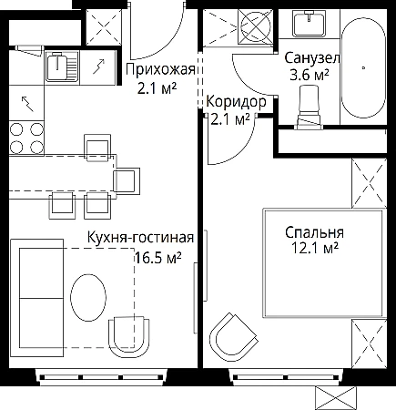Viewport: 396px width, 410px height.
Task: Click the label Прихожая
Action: pyautogui.click(x=160, y=70)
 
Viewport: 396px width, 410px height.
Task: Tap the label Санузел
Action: pyautogui.click(x=312, y=57)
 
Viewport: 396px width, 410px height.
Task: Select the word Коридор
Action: pyautogui.click(x=236, y=102)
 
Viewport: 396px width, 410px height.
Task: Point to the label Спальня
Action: pyautogui.click(x=314, y=232)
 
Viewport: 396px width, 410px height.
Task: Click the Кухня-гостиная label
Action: pyautogui.click(x=140, y=237)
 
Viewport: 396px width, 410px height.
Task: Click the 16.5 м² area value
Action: pyautogui.click(x=157, y=258)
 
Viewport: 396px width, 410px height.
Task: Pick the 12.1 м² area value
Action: pyautogui.click(x=315, y=248)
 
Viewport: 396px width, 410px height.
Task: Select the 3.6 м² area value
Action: pyautogui.click(x=310, y=75)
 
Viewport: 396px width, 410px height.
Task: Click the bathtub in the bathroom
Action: pyautogui.click(x=363, y=68)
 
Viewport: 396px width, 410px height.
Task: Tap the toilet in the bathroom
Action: pyautogui.click(x=310, y=108)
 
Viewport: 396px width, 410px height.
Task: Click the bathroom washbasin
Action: pyautogui.click(x=309, y=23)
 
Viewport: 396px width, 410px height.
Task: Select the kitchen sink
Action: pyautogui.click(x=62, y=67)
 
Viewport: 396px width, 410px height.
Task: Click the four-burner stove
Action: pyautogui.click(x=26, y=138)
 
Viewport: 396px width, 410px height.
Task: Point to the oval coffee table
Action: pyautogui.click(x=88, y=297)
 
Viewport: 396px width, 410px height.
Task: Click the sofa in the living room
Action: pyautogui.click(x=36, y=298)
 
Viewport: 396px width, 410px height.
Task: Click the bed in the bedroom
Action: pyautogui.click(x=324, y=263)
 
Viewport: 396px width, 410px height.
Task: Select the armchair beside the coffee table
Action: pyautogui.click(x=129, y=336)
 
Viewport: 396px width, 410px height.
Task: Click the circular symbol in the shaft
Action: pyautogui.click(x=255, y=26)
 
